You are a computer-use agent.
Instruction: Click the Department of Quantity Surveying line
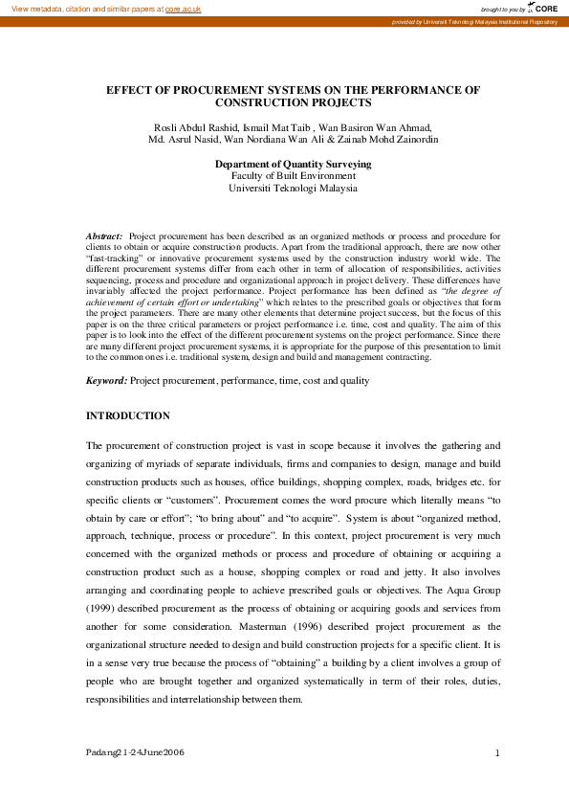click(x=293, y=164)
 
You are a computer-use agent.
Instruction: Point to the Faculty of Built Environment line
click(x=293, y=176)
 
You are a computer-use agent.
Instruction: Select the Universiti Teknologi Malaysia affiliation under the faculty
click(x=293, y=189)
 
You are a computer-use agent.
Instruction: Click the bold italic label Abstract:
click(x=104, y=235)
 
